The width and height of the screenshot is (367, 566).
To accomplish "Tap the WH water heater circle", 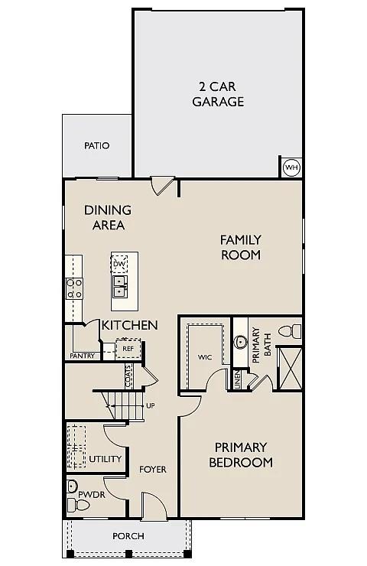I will (x=291, y=168).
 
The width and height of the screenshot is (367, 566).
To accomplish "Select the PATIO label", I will (x=97, y=145).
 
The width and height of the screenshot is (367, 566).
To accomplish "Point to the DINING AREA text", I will (x=108, y=217).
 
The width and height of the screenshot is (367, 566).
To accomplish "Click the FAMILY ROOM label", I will (x=241, y=247).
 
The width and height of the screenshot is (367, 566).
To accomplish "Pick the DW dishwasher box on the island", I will (x=119, y=265).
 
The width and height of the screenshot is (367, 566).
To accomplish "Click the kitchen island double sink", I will (x=120, y=287).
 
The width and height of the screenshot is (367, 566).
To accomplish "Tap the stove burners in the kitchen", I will (x=74, y=288).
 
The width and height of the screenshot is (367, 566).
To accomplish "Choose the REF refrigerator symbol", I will (x=128, y=349).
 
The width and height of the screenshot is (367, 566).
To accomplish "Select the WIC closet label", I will (x=204, y=356).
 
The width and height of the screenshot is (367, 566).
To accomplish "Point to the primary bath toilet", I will (x=288, y=331).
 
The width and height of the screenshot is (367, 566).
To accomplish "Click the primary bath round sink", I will (x=241, y=341).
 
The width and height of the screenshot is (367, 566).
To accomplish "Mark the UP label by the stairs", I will (x=150, y=405).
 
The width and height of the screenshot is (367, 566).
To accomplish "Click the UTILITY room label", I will (x=106, y=459).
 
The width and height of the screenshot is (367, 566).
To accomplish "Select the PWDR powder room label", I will (x=91, y=496).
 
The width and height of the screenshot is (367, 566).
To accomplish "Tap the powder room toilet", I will (x=72, y=486).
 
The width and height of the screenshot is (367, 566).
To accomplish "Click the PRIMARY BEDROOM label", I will (x=241, y=454).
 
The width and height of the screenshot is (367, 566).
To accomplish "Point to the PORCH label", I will (x=128, y=536).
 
